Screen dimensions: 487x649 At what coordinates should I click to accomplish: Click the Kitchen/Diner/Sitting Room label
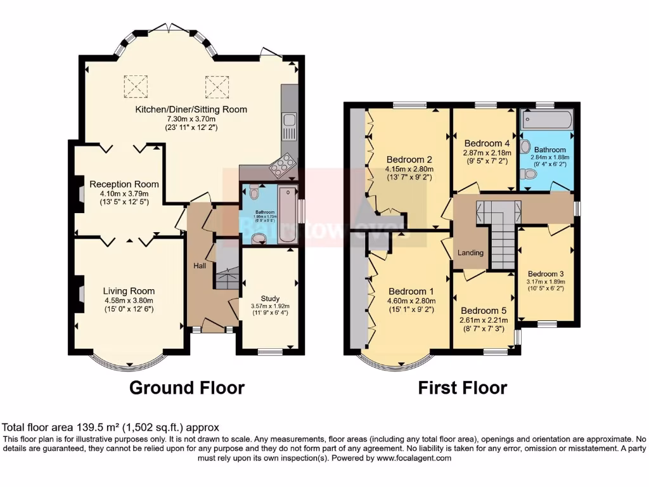pyautogui.click(x=191, y=109)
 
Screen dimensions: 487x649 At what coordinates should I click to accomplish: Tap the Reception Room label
pyautogui.click(x=124, y=185)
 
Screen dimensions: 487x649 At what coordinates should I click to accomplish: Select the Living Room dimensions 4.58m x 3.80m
pyautogui.click(x=129, y=301)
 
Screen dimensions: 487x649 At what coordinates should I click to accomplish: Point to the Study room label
pyautogui.click(x=269, y=299)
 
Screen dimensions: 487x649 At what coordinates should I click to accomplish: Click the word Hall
pyautogui.click(x=199, y=266)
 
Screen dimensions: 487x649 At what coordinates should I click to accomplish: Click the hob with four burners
pyautogui.click(x=283, y=166)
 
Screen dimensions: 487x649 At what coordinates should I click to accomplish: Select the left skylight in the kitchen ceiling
pyautogui.click(x=136, y=84)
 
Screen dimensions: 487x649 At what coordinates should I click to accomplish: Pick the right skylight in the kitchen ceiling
pyautogui.click(x=215, y=84)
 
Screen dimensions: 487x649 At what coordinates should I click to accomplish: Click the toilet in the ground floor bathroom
pyautogui.click(x=254, y=192)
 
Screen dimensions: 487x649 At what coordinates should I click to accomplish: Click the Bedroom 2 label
pyautogui.click(x=409, y=159)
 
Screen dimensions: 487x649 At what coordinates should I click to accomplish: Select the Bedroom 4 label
pyautogui.click(x=486, y=143)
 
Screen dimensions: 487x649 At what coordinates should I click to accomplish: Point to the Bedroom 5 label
pyautogui.click(x=484, y=311)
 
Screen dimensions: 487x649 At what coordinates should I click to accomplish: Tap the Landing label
pyautogui.click(x=471, y=252)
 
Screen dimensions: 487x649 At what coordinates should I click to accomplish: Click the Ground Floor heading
pyautogui.click(x=187, y=387)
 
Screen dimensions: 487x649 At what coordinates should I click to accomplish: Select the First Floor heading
pyautogui.click(x=463, y=387)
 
